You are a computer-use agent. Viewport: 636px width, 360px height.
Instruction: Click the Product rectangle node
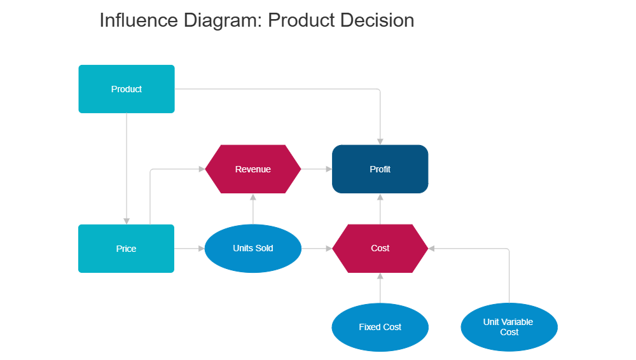[x=126, y=89]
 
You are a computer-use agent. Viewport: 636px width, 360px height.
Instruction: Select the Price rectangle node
[x=126, y=249]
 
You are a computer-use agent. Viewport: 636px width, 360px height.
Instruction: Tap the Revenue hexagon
[x=252, y=169]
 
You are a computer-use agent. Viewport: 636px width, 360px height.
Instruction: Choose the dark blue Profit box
[x=380, y=169]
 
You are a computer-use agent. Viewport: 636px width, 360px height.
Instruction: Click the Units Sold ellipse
[x=252, y=248]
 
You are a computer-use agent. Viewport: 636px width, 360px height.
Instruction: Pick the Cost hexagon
[x=380, y=248]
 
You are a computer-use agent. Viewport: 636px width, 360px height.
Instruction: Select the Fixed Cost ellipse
[x=380, y=327]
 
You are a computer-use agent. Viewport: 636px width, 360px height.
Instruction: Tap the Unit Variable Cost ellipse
[x=509, y=327]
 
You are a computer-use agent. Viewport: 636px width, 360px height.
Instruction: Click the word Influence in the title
[x=139, y=20]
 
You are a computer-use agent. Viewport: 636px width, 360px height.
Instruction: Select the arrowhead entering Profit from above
[x=380, y=140]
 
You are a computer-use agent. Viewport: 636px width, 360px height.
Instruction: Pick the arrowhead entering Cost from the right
[x=432, y=248]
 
